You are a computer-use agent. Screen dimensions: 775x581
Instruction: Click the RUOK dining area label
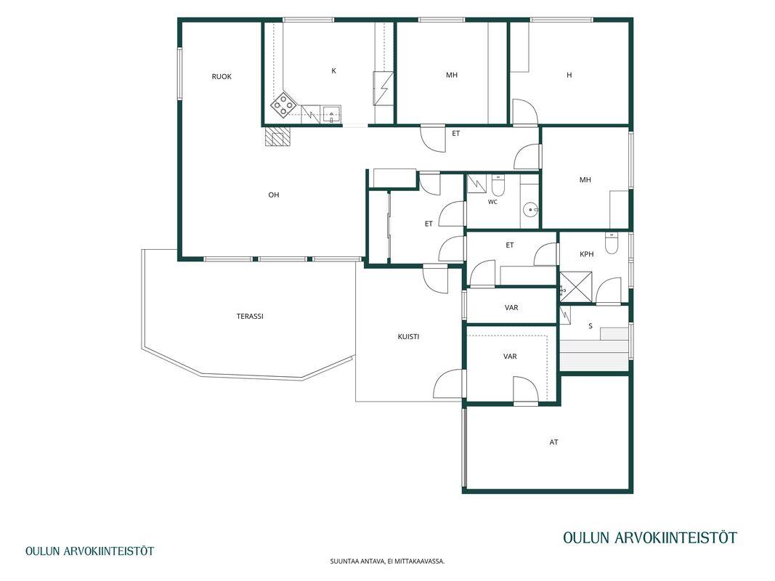tap(222, 76)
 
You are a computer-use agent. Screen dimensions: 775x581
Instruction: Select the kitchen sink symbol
tap(332, 114)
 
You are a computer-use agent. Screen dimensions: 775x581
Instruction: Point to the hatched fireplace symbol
tap(277, 137)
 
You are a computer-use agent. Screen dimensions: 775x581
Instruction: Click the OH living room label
tap(274, 195)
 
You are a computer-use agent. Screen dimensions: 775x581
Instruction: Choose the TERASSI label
tap(250, 316)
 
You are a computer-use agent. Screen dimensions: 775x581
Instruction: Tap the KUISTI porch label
tap(408, 337)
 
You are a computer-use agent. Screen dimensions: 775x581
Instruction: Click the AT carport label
tap(553, 442)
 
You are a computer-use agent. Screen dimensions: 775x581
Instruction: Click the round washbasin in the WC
tap(532, 209)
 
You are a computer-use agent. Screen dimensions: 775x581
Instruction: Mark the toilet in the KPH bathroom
tap(612, 243)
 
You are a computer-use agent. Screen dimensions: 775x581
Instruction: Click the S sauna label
tap(591, 326)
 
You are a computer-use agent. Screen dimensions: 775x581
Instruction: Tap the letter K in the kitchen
tap(333, 71)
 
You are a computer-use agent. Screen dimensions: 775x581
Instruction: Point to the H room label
tap(569, 75)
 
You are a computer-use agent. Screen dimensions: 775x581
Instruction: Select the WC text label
tap(492, 202)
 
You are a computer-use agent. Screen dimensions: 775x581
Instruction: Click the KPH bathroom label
tap(587, 254)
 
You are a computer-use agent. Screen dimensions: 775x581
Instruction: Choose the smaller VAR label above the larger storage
tap(511, 308)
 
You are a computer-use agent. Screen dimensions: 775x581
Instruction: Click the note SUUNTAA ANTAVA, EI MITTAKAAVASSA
tap(388, 561)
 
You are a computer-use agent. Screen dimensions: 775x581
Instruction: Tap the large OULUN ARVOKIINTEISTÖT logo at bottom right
tap(650, 537)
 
